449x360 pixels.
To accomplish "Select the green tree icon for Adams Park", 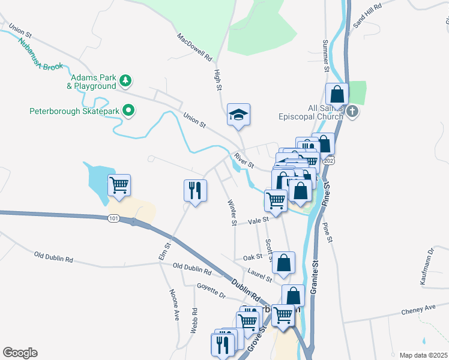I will click(125, 80).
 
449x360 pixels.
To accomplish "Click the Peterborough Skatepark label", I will click(74, 110).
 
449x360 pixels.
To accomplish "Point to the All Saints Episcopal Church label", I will click(309, 111).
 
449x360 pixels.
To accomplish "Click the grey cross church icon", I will click(352, 111).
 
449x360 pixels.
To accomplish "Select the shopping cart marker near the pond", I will click(119, 185).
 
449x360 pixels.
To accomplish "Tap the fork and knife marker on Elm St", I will click(195, 191).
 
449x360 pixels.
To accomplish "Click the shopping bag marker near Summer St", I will click(337, 94).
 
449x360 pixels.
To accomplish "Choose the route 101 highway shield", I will click(114, 218).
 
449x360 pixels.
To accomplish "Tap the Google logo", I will click(20, 353).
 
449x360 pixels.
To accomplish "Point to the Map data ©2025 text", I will click(423, 355).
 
